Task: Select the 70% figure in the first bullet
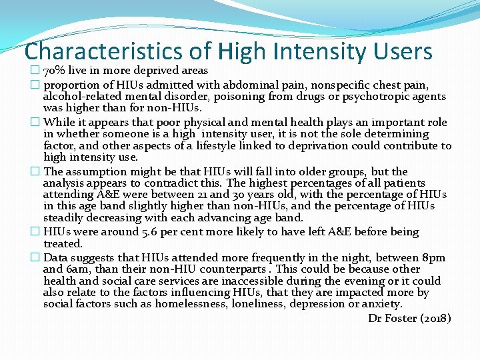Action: click(x=54, y=71)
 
